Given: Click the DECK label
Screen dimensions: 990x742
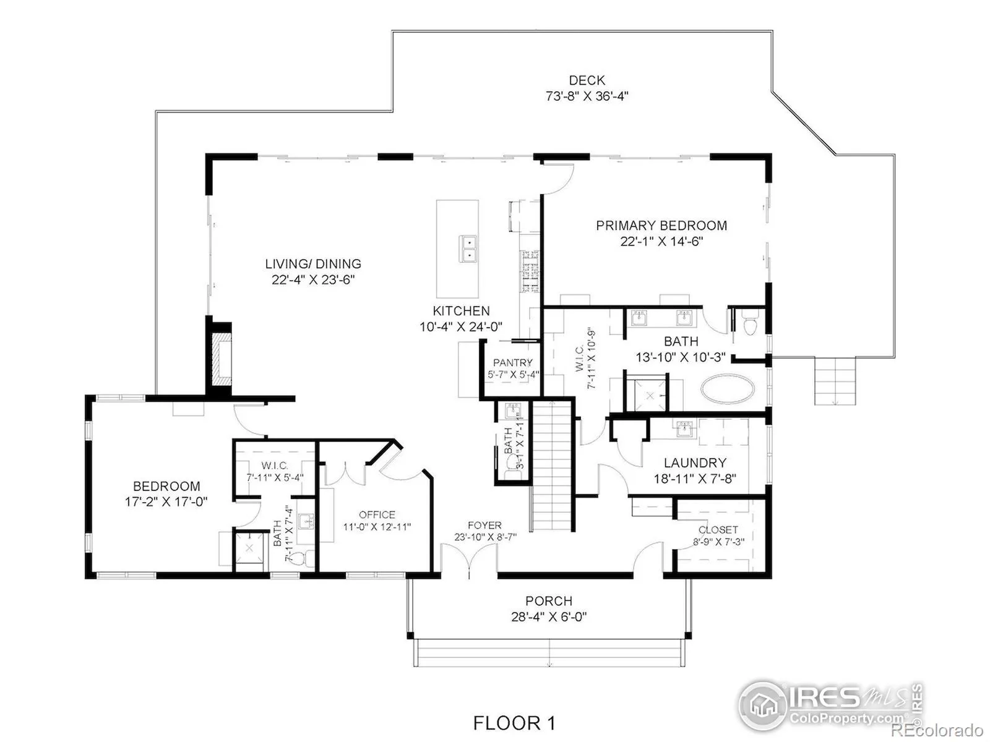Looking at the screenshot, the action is [x=587, y=80].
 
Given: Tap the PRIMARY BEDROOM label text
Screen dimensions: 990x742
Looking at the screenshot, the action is [x=661, y=225].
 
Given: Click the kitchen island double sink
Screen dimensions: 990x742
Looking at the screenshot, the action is [x=468, y=248].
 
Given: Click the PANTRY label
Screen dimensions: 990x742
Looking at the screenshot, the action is [x=512, y=363].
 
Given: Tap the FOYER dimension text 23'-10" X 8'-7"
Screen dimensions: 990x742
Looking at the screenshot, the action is [x=485, y=537].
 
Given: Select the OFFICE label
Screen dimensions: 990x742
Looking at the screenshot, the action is [x=377, y=514].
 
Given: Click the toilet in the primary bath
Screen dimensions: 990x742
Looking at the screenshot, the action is [x=750, y=323].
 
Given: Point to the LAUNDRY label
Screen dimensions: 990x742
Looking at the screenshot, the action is [x=695, y=463].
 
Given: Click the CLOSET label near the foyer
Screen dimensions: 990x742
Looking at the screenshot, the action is [x=718, y=530].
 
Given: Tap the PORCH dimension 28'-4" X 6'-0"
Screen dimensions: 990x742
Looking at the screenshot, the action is [x=548, y=616].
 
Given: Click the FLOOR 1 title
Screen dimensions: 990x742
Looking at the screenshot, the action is [x=514, y=723].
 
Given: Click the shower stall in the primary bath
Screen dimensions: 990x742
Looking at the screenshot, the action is [x=650, y=396].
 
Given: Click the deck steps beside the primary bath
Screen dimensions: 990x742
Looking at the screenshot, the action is [x=835, y=381].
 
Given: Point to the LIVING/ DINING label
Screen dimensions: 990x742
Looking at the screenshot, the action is [x=312, y=263].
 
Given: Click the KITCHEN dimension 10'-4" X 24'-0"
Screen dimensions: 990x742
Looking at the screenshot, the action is [x=461, y=326].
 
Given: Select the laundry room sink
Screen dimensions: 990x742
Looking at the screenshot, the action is [x=686, y=429].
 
